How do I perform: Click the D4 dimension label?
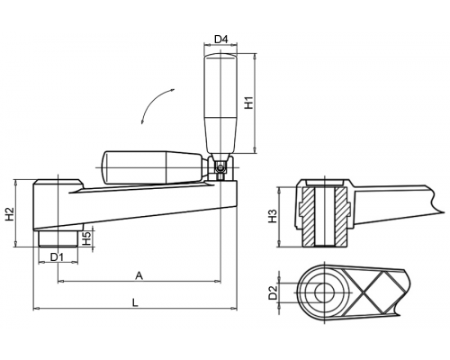click(221, 39)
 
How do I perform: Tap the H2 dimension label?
click(10, 214)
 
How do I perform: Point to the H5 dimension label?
click(86, 238)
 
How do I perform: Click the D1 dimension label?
click(57, 256)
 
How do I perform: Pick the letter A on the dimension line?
click(139, 275)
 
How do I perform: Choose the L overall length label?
click(135, 302)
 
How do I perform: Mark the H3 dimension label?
click(273, 216)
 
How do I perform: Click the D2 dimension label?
click(273, 292)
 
